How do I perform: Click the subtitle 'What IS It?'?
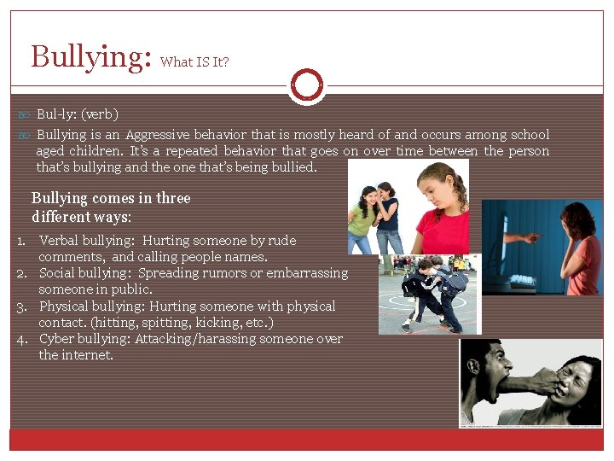[x=194, y=61]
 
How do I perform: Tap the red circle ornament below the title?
[x=306, y=85]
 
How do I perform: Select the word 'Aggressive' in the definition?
[x=157, y=134]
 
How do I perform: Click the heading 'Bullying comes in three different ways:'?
[x=111, y=207]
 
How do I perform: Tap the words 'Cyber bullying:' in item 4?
[x=83, y=339]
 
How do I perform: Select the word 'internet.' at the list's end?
[x=76, y=355]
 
